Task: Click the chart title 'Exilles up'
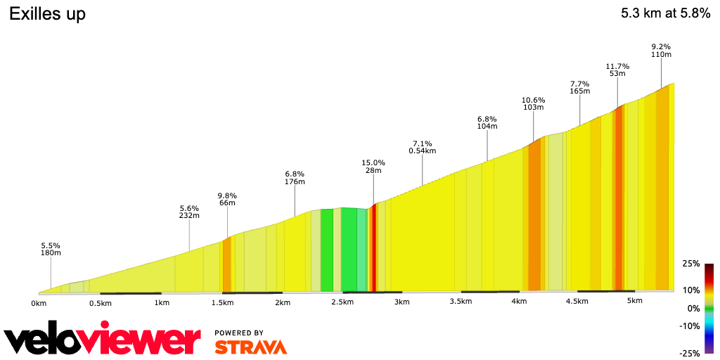click(x=47, y=14)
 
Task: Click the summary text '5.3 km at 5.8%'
click(x=665, y=14)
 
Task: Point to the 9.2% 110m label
click(x=661, y=50)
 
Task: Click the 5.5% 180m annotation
click(x=51, y=248)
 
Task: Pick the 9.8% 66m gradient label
click(x=227, y=199)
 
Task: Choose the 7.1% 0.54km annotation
click(x=422, y=146)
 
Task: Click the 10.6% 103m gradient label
click(x=533, y=103)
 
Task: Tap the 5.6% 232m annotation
click(x=189, y=212)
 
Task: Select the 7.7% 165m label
click(x=579, y=86)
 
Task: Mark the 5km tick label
click(x=634, y=302)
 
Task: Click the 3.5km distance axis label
click(x=460, y=302)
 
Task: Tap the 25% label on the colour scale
click(x=691, y=264)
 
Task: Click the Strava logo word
click(x=250, y=347)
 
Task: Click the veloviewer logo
click(x=102, y=340)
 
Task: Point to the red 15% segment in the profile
click(x=373, y=246)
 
